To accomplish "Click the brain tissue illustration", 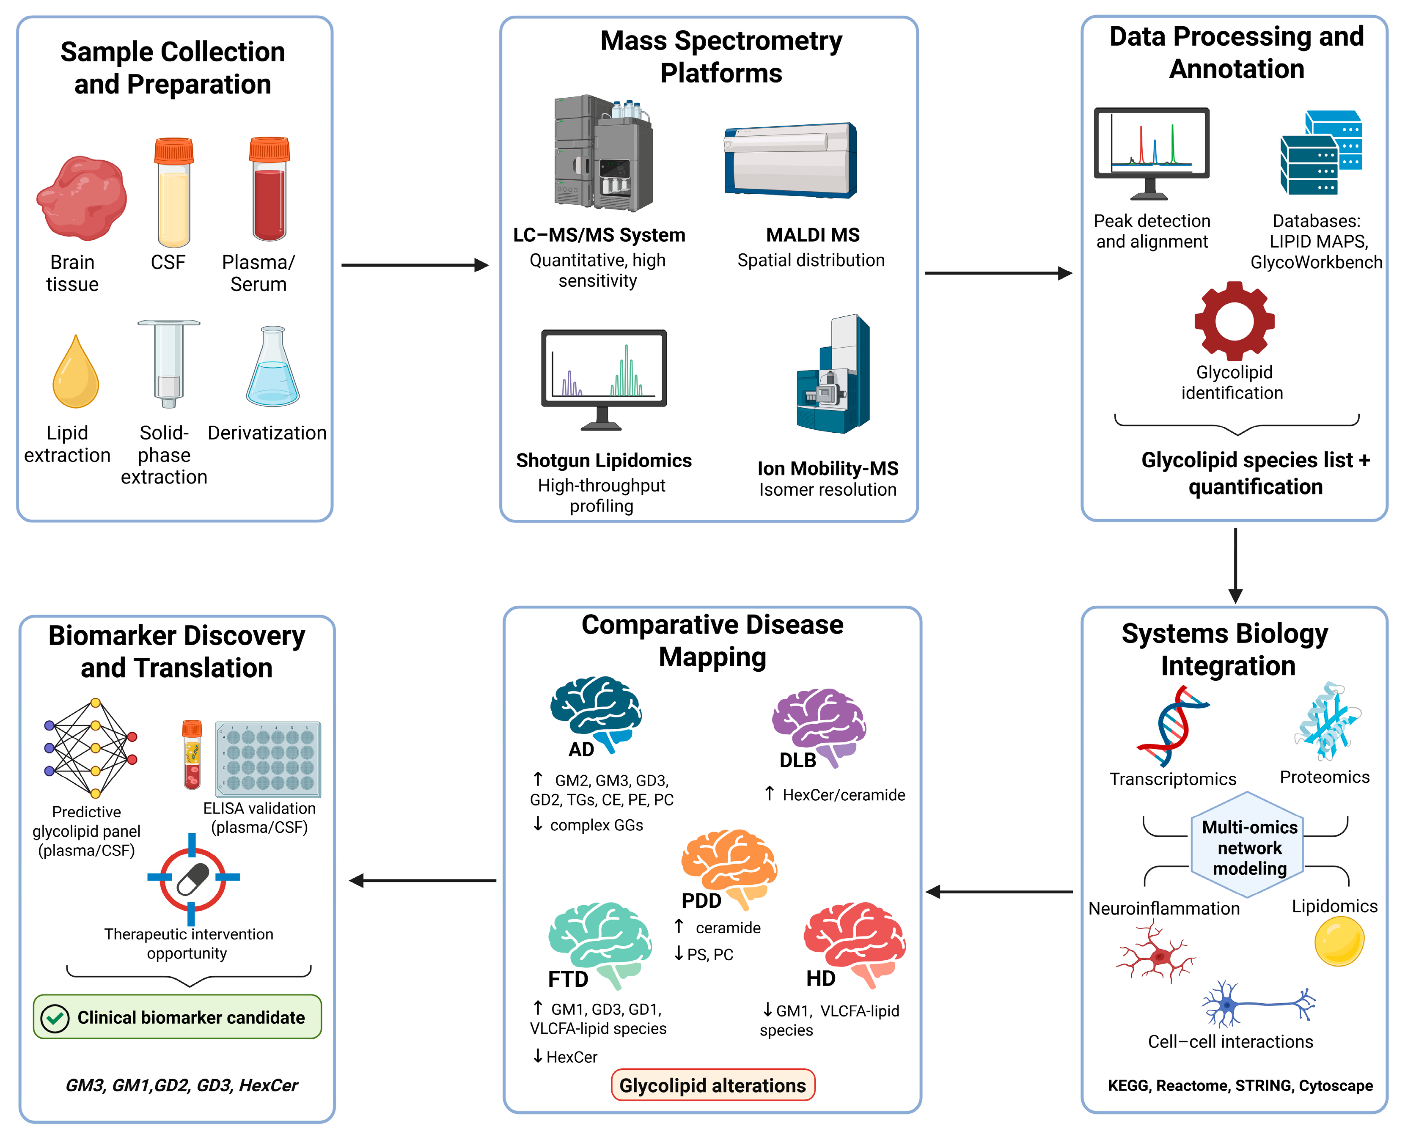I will click(x=82, y=198).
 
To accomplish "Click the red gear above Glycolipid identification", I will click(x=1234, y=321).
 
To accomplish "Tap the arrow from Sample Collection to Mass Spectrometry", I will click(x=415, y=265).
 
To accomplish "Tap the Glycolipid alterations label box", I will click(x=712, y=1085).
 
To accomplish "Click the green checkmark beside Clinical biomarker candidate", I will click(x=55, y=1019).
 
